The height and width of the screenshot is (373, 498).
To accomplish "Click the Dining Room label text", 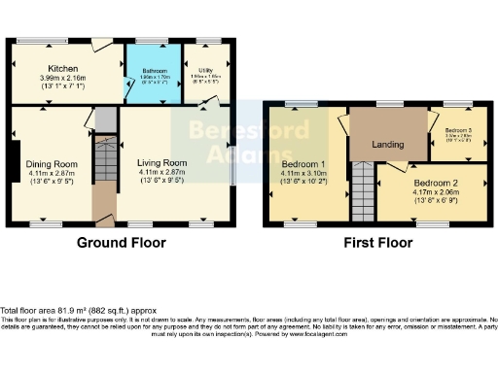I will [x=51, y=164].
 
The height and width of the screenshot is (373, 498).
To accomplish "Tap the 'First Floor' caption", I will [x=374, y=242].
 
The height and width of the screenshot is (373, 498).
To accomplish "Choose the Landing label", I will [x=389, y=145].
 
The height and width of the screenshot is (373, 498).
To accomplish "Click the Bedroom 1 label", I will [x=303, y=164].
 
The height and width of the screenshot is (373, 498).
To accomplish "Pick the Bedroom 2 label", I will [x=434, y=183].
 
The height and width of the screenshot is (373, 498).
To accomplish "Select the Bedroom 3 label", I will [x=459, y=130].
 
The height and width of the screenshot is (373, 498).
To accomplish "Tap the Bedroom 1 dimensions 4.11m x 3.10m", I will [x=303, y=175].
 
